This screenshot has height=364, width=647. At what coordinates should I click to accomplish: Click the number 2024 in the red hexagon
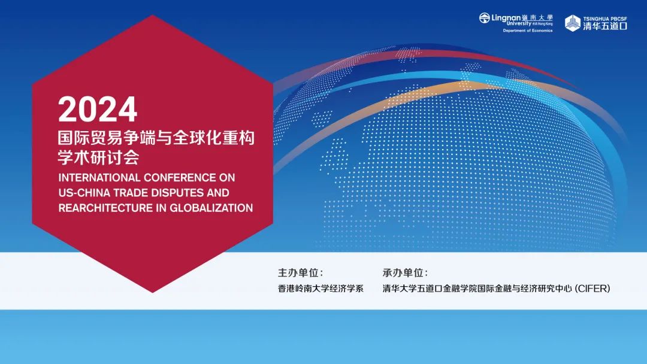tap(98, 109)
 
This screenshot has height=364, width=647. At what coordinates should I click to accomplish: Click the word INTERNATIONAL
tap(99, 178)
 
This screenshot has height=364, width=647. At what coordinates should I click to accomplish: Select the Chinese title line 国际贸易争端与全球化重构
tap(156, 138)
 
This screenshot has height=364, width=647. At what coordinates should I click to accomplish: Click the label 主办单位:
tap(300, 273)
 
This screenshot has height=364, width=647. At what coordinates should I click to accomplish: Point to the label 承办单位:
tap(405, 273)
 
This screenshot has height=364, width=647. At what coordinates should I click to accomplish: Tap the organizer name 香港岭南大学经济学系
tap(321, 289)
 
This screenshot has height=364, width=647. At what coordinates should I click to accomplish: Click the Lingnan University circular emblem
tap(485, 18)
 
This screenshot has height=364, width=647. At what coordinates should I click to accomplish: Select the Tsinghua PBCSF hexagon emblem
tap(573, 23)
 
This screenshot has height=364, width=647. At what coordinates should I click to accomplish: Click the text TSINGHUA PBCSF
tap(605, 19)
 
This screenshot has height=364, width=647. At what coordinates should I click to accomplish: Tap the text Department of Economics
tap(528, 31)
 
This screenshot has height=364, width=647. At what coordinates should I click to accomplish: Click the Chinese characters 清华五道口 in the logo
tap(605, 26)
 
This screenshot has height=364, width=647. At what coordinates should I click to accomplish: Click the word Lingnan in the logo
tap(506, 18)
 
